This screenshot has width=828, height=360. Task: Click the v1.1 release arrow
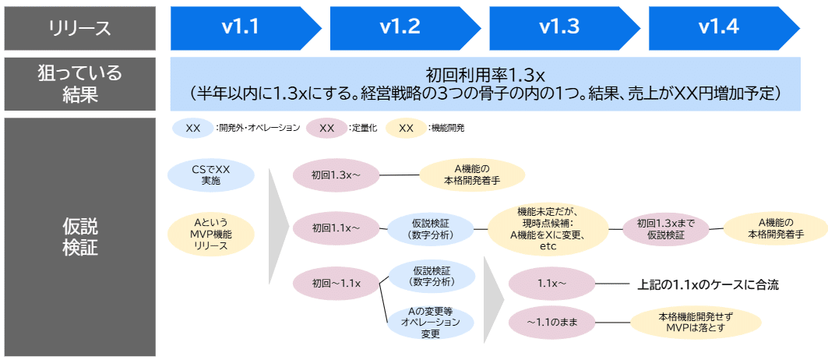pos(240,28)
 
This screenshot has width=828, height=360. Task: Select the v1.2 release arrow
pos(399,28)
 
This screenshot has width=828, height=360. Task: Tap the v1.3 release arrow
pos(558,28)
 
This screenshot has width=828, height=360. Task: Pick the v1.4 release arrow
pos(717,28)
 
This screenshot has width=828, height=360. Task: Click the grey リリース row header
pos(80,28)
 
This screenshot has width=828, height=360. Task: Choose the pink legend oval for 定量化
pos(327,128)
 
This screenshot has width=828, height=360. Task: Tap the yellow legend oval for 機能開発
pos(406,128)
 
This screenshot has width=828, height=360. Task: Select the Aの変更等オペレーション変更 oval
pos(431,323)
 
